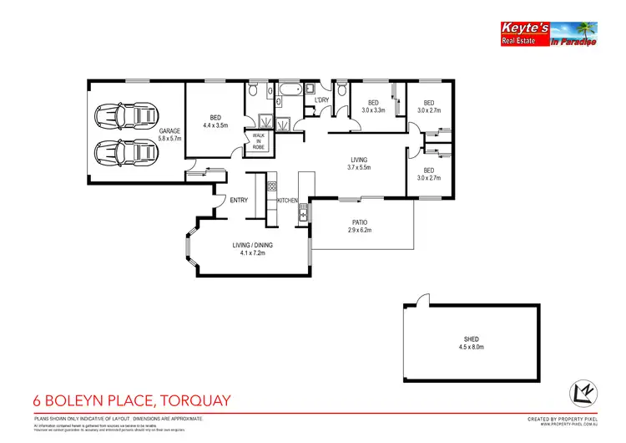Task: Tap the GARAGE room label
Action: click(x=169, y=134)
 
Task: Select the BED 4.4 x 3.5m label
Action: click(x=215, y=121)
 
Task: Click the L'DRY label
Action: click(x=321, y=101)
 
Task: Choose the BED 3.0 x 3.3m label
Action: click(x=373, y=106)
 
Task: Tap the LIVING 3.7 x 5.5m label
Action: click(x=359, y=163)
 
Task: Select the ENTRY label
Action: click(x=239, y=200)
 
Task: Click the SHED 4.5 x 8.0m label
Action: click(x=472, y=343)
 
